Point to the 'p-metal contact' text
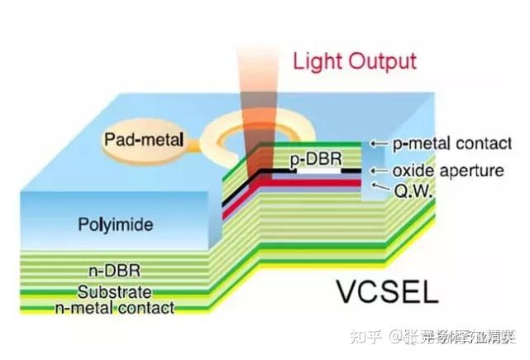tap(451, 143)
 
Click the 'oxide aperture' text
tap(446, 170)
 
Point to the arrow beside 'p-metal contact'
tap(378, 143)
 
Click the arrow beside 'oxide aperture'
tap(378, 170)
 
